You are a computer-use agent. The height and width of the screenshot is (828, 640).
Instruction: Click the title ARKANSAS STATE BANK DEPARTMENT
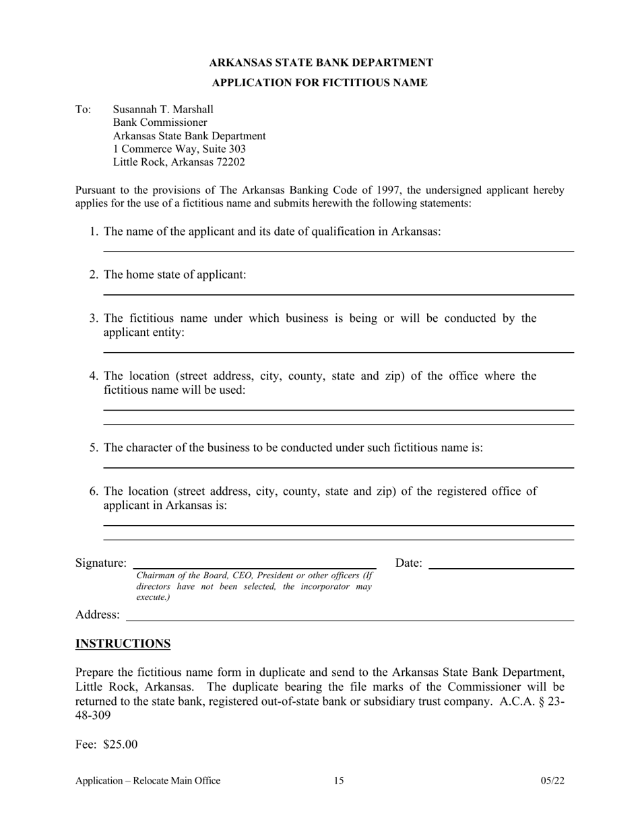[321, 63]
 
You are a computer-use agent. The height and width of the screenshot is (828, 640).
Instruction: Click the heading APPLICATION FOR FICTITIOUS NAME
[319, 83]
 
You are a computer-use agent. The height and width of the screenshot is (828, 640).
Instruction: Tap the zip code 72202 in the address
[231, 162]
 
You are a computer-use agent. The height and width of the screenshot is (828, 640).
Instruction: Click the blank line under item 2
[338, 294]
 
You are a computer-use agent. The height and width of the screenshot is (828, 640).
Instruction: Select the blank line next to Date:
[501, 568]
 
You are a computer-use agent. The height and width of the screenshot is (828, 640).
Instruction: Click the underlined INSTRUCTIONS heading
[123, 644]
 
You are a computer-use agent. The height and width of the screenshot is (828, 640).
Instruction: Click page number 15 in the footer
[338, 781]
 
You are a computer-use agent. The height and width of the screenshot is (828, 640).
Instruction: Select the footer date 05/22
[552, 781]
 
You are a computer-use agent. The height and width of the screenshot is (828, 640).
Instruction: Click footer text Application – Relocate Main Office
[148, 781]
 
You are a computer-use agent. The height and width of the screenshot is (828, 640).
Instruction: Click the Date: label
[408, 563]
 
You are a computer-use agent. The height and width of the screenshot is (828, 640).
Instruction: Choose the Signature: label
[101, 563]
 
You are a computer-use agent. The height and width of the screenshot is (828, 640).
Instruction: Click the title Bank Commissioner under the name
[160, 123]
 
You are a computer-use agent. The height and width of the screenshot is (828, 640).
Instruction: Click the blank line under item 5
[338, 467]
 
